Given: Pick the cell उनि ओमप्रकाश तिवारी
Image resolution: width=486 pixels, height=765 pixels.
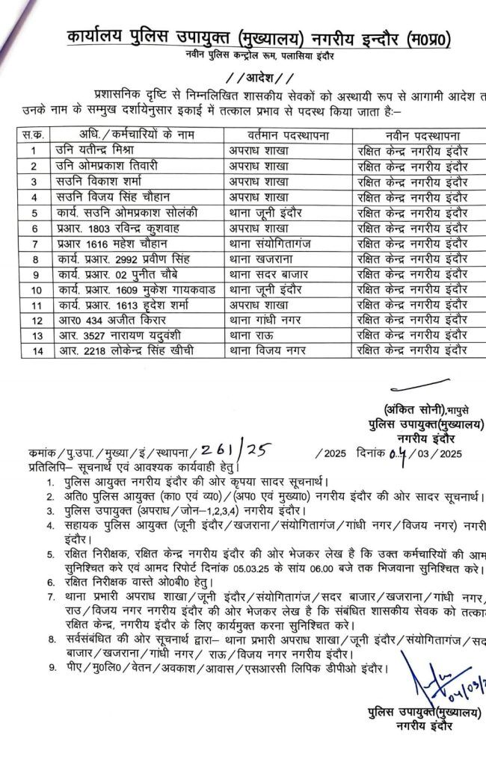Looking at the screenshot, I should click(x=111, y=165).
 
